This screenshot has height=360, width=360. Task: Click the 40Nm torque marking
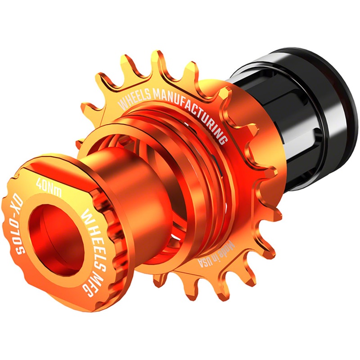coord(49,187)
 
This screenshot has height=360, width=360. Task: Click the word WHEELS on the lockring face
coord(92,229)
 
